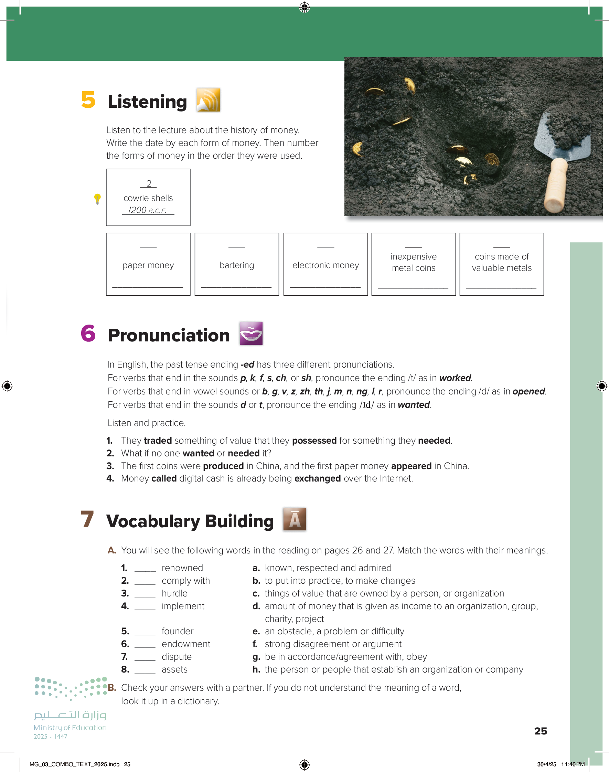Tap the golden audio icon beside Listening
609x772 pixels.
point(208,100)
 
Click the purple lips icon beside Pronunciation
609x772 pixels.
point(251,334)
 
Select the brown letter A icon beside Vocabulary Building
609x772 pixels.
point(295,519)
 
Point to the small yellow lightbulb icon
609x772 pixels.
point(97,199)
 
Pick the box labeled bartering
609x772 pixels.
point(237,264)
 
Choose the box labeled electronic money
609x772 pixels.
point(325,264)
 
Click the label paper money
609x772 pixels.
point(148,265)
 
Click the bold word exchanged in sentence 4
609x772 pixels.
point(317,478)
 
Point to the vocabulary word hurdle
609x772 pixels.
point(174,593)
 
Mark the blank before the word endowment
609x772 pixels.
point(145,644)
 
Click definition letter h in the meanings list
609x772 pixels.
point(256,670)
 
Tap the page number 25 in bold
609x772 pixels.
point(541,731)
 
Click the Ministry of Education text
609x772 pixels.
point(70,727)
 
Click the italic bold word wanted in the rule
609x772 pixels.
point(414,405)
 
